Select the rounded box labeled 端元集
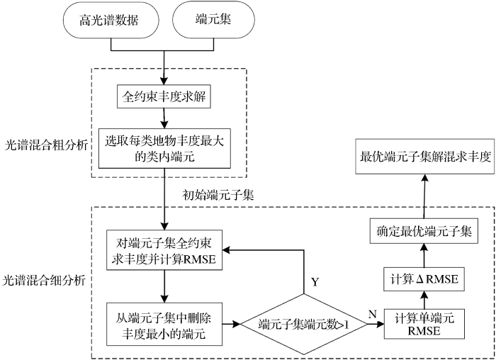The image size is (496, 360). (213, 20)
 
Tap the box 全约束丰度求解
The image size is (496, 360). (164, 96)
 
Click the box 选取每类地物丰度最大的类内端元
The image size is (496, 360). (164, 148)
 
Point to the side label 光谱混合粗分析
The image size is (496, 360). (46, 145)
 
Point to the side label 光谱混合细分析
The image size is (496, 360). (44, 281)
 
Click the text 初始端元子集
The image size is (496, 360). (218, 195)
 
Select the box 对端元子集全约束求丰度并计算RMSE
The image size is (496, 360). (164, 250)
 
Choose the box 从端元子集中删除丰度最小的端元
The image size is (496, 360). (164, 325)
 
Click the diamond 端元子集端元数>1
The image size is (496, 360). (304, 325)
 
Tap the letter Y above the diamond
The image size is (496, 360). (315, 282)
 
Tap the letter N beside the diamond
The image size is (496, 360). (373, 314)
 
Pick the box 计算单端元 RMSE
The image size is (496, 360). (424, 325)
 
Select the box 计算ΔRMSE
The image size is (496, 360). (424, 279)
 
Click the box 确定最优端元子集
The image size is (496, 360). (424, 231)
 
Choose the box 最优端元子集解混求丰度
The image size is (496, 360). (425, 157)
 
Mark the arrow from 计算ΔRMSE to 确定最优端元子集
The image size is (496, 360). (424, 256)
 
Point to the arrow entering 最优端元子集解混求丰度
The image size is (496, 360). (424, 196)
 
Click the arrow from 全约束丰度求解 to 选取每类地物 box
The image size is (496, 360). (164, 118)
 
